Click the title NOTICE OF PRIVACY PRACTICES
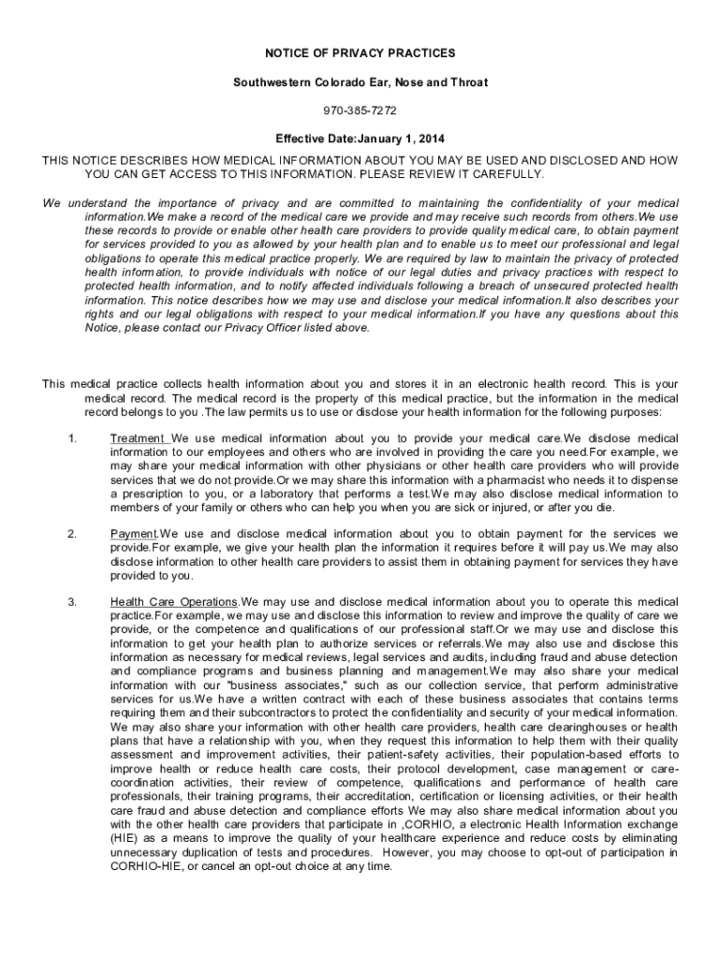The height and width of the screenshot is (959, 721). click(x=360, y=53)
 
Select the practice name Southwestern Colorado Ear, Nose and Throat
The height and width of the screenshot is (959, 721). click(x=360, y=82)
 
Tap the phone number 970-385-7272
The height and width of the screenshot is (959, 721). click(x=360, y=111)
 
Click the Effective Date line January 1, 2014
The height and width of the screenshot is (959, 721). click(x=360, y=139)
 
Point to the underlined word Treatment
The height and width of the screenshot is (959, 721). click(x=138, y=438)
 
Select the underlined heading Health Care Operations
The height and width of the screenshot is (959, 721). click(x=173, y=602)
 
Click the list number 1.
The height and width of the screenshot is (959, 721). click(x=72, y=438)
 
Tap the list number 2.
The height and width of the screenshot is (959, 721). click(x=72, y=535)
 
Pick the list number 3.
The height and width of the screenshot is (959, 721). click(x=72, y=602)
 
